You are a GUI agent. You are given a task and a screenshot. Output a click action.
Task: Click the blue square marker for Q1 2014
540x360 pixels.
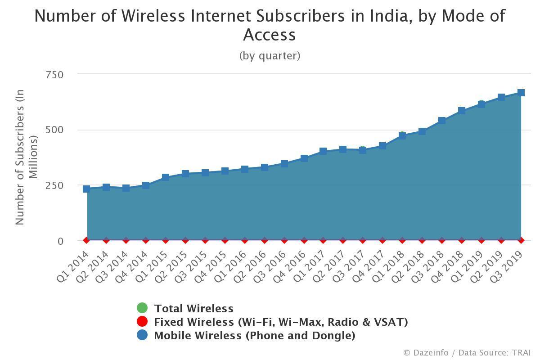coord(86,189)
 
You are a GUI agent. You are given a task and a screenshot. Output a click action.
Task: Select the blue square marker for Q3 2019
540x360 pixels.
coord(521,93)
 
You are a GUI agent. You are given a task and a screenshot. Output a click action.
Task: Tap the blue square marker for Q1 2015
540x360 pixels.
coord(166,177)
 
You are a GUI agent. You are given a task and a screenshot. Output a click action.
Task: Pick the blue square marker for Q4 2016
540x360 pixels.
coord(304,158)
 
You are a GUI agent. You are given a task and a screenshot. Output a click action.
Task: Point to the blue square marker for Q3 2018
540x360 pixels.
coord(442,121)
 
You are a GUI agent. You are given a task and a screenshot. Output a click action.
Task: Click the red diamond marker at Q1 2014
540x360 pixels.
coord(86,240)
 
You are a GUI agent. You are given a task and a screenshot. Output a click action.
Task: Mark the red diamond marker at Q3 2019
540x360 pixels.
coord(521,240)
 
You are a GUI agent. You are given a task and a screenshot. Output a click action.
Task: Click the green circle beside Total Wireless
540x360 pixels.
coord(142,308)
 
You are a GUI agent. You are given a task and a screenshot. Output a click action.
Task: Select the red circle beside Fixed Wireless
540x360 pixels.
coord(142,322)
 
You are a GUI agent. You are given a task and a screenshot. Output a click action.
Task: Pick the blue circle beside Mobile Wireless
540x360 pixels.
coord(142,335)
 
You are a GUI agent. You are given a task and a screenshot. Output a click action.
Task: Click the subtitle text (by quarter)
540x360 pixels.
coord(270,56)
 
